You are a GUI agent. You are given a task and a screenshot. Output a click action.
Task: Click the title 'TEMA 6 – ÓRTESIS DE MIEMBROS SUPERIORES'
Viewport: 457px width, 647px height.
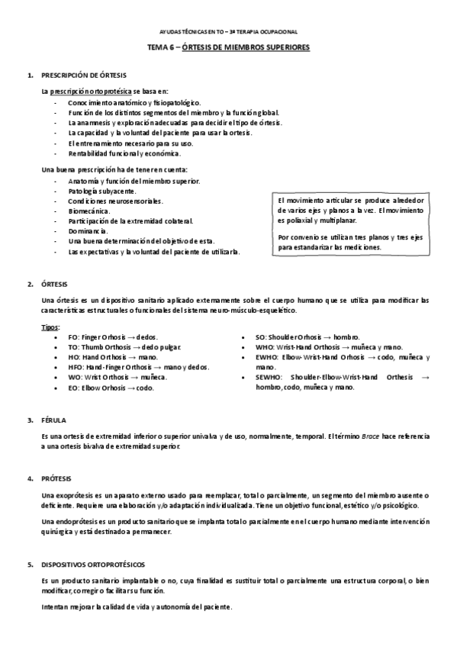click(x=228, y=47)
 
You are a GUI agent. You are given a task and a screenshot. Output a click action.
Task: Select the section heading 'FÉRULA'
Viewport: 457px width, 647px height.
click(x=53, y=420)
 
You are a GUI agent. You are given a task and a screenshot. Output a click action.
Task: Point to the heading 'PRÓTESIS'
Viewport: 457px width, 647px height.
click(x=56, y=478)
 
